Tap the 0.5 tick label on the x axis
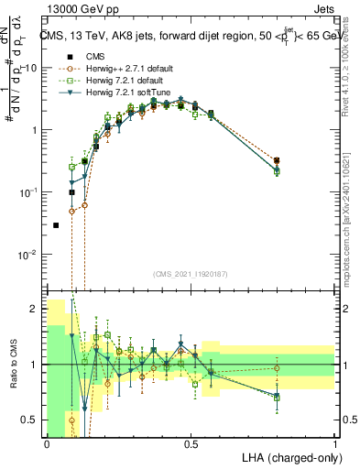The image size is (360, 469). (x=190, y=442)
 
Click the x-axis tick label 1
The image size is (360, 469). (x=335, y=442)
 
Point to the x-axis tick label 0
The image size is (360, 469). (x=46, y=442)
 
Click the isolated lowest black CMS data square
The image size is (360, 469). (x=56, y=224)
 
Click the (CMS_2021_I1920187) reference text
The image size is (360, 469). (x=191, y=274)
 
